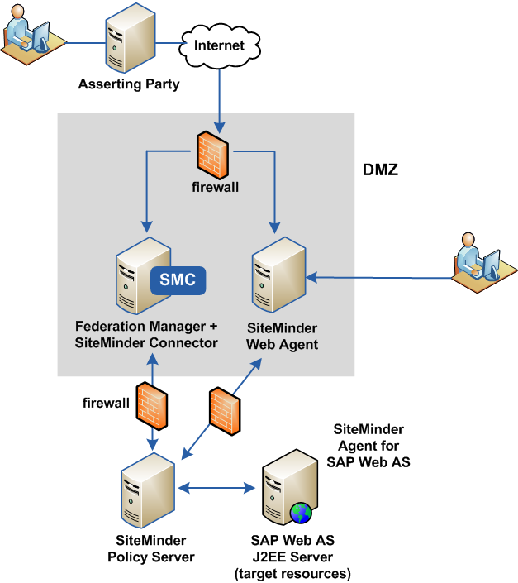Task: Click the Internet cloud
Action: click(219, 45)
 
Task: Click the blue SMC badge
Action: click(178, 280)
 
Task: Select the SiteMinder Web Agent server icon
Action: click(276, 273)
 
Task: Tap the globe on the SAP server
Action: click(302, 513)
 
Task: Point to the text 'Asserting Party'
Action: click(128, 84)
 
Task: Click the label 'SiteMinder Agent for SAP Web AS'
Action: click(368, 446)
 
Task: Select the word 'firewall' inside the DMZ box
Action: click(216, 187)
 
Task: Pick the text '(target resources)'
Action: click(292, 572)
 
